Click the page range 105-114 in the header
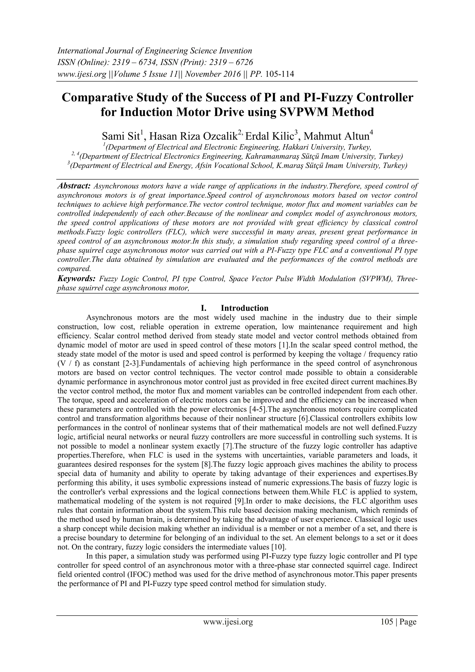tap(279, 74)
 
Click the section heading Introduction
tap(244, 308)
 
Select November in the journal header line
tap(202, 74)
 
